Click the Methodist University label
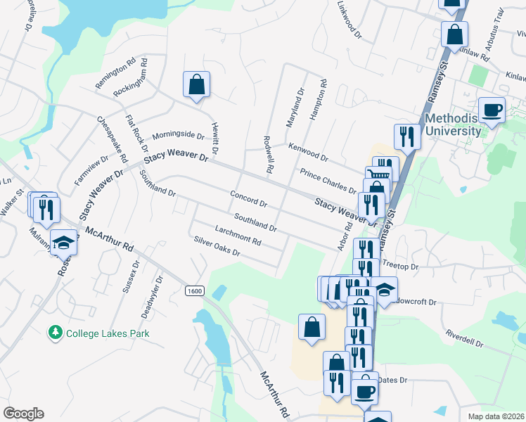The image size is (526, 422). pos(453,124)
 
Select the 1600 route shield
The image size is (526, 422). pos(195,290)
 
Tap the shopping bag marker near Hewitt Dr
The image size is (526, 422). pos(197,85)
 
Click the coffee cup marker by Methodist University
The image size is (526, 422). pos(492,109)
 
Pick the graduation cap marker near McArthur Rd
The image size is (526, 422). pos(64,243)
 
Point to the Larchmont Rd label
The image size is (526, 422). pos(238,236)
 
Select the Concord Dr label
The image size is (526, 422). pos(248,199)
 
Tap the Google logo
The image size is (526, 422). pos(23,414)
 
